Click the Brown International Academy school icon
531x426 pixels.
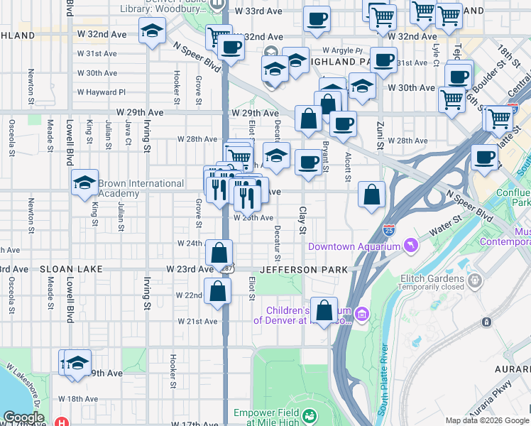(84, 182)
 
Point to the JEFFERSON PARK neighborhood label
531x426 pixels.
(304, 270)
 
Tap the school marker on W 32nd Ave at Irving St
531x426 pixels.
(152, 31)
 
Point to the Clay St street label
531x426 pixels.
(302, 222)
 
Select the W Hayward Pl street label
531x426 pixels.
(102, 92)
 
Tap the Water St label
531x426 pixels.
(444, 231)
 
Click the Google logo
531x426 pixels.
(24, 417)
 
